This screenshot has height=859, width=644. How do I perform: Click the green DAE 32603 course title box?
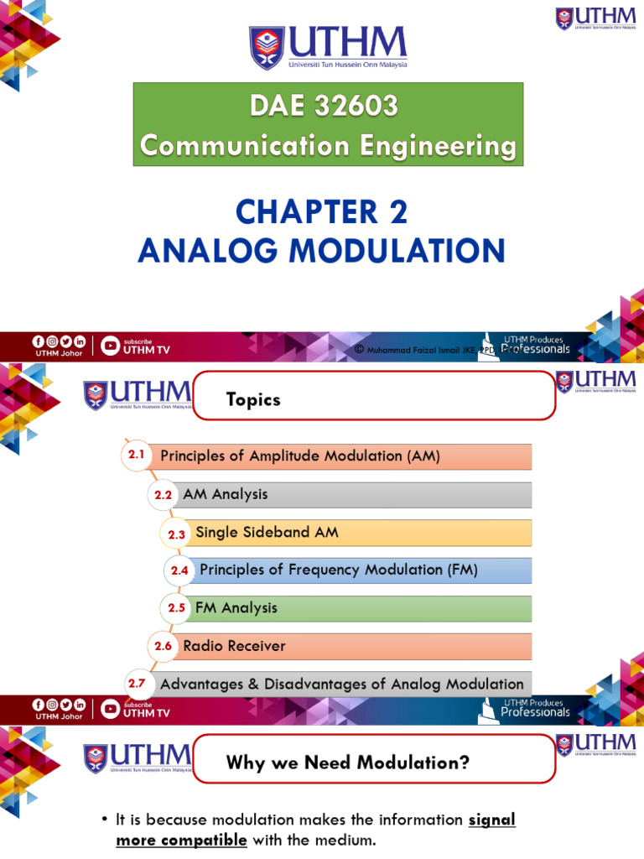[x=328, y=125]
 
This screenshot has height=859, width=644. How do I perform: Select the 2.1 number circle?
[x=137, y=456]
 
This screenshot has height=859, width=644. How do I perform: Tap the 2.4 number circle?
[x=179, y=570]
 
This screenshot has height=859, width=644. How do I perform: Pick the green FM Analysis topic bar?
[x=356, y=608]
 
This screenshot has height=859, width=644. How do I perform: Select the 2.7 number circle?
[x=137, y=684]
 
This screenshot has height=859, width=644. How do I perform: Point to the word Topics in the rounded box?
[x=253, y=400]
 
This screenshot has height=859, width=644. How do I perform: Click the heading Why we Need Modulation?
[x=348, y=763]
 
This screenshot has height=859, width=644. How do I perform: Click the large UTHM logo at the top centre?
[x=327, y=48]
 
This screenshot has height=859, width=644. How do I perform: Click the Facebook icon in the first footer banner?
[x=38, y=341]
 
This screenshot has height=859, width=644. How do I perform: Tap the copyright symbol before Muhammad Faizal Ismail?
[x=358, y=349]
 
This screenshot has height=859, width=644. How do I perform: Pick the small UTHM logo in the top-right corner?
[x=596, y=18]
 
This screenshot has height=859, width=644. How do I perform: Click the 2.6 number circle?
[x=163, y=646]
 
